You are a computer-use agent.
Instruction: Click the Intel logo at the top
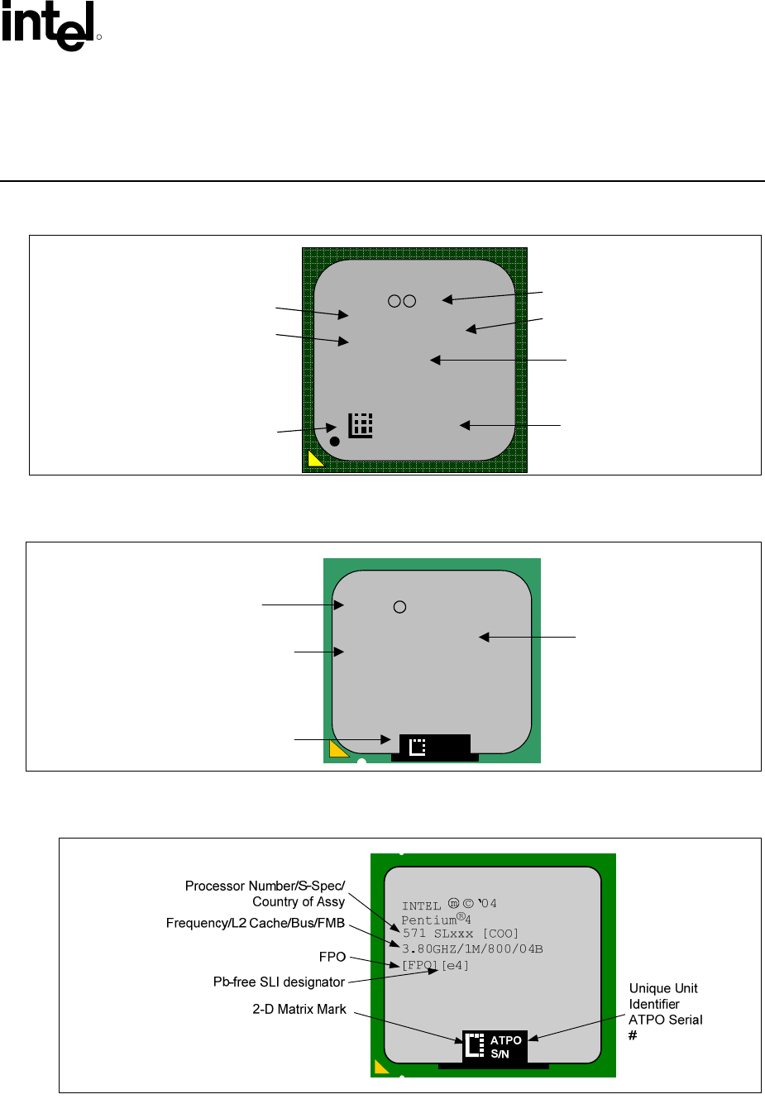coord(48,26)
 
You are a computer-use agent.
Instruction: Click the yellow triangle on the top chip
coord(314,460)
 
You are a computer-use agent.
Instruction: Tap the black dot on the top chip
coord(335,442)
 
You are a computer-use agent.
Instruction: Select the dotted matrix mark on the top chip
coord(361,425)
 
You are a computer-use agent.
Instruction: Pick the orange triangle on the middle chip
coord(337,751)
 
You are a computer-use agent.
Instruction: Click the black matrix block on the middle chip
coord(435,747)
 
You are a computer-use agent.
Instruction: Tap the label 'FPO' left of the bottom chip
coord(332,958)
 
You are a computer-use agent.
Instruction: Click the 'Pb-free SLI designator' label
coord(279,982)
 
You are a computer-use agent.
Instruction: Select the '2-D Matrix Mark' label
coord(299,1009)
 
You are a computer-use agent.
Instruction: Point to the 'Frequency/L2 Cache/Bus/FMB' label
coord(256,924)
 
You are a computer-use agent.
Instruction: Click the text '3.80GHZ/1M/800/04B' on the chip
coord(472,948)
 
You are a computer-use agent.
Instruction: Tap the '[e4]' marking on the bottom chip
coord(455,966)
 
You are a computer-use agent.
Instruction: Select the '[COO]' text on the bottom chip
coord(500,934)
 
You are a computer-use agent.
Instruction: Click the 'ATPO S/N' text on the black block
coord(505,1047)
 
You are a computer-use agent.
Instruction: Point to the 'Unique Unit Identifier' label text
coord(663,996)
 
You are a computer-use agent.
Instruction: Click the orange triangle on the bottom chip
coord(380,1068)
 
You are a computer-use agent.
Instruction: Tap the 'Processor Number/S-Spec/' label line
coord(265,886)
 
